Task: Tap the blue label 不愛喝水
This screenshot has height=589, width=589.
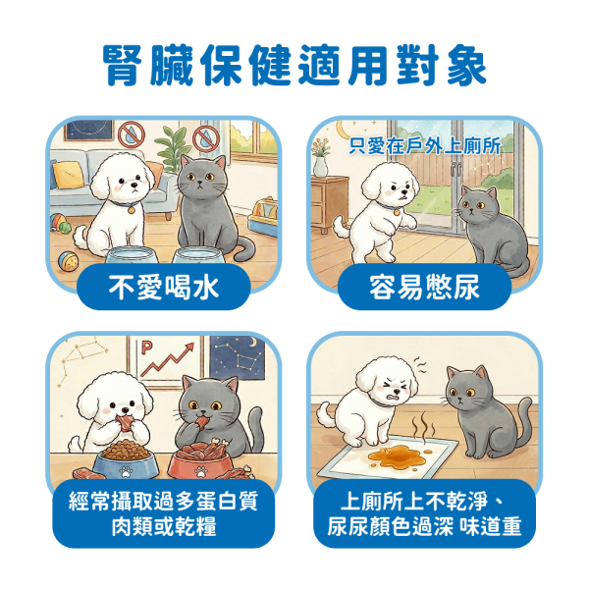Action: (164, 288)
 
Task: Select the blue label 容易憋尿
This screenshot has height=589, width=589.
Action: (424, 288)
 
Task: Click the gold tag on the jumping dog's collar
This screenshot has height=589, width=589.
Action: (395, 209)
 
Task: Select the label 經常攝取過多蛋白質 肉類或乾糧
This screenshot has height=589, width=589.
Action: (164, 515)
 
